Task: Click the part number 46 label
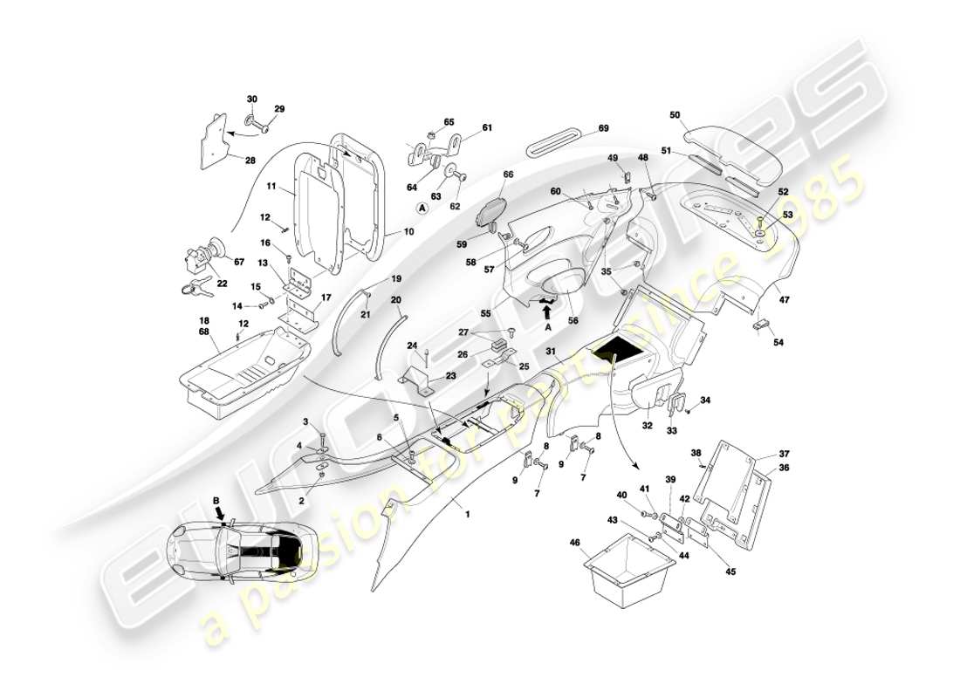tap(574, 544)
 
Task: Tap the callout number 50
tap(675, 114)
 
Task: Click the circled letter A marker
tap(422, 209)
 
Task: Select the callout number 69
tap(603, 129)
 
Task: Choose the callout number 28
tap(250, 161)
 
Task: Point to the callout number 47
tap(784, 299)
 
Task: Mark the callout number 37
tap(783, 454)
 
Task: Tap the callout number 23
tap(450, 376)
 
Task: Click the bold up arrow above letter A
tap(547, 308)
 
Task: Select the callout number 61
tap(487, 128)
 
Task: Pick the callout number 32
tap(648, 427)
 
